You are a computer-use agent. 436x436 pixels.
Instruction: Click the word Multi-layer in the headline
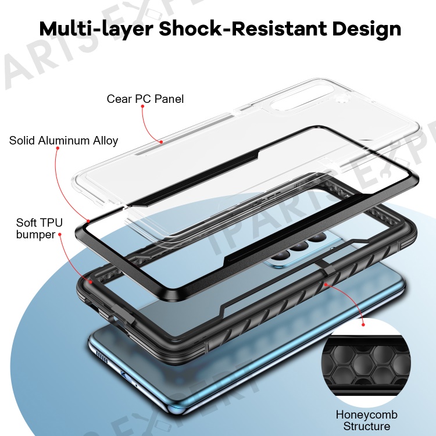point(96,29)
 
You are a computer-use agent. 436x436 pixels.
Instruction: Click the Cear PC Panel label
point(145,99)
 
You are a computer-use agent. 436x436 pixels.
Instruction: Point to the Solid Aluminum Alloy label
point(64,141)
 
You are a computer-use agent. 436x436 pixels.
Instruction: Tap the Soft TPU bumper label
point(39,228)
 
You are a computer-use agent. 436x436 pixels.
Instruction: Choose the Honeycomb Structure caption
point(366,420)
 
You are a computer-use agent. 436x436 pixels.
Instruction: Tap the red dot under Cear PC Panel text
point(142,106)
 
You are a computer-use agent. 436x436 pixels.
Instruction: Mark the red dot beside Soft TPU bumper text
point(59,234)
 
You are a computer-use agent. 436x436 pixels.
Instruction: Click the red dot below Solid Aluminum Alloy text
point(58,148)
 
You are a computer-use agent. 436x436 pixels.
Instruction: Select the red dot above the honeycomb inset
point(363,324)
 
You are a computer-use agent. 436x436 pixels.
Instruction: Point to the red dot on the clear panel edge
point(161,142)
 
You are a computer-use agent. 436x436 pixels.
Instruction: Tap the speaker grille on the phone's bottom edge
point(102,356)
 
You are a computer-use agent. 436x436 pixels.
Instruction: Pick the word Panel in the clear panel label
point(169,99)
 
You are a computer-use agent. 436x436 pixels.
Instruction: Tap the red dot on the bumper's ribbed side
point(326,284)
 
